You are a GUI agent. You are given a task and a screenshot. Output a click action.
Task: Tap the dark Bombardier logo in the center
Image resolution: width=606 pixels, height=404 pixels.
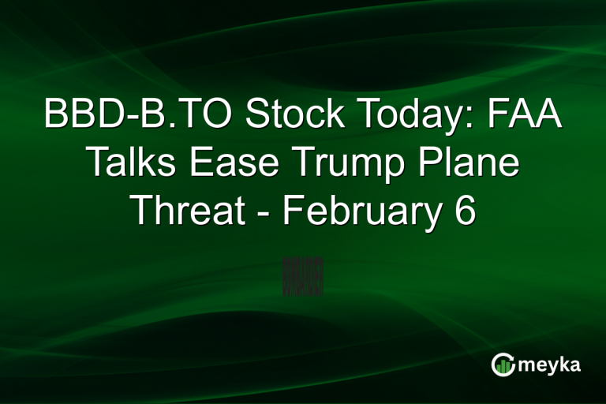[303, 275]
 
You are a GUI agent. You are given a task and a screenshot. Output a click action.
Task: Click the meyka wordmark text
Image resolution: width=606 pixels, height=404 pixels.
[547, 365]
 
